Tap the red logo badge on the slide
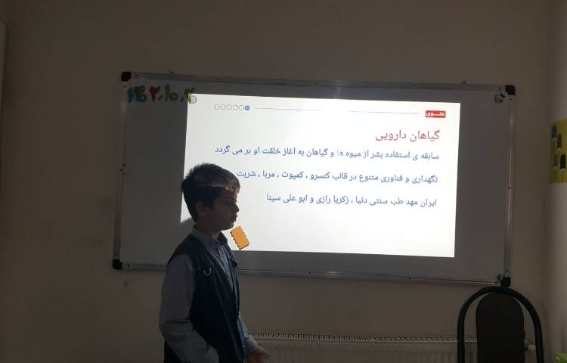click(x=435, y=113)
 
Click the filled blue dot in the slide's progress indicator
click(x=247, y=107)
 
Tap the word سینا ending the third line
click(x=277, y=198)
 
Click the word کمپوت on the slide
click(x=288, y=175)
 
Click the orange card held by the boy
click(x=240, y=237)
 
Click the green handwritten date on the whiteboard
click(x=160, y=94)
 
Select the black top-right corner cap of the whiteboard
click(x=510, y=89)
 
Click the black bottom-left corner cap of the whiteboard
click(x=117, y=264)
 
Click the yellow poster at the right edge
click(x=559, y=151)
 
